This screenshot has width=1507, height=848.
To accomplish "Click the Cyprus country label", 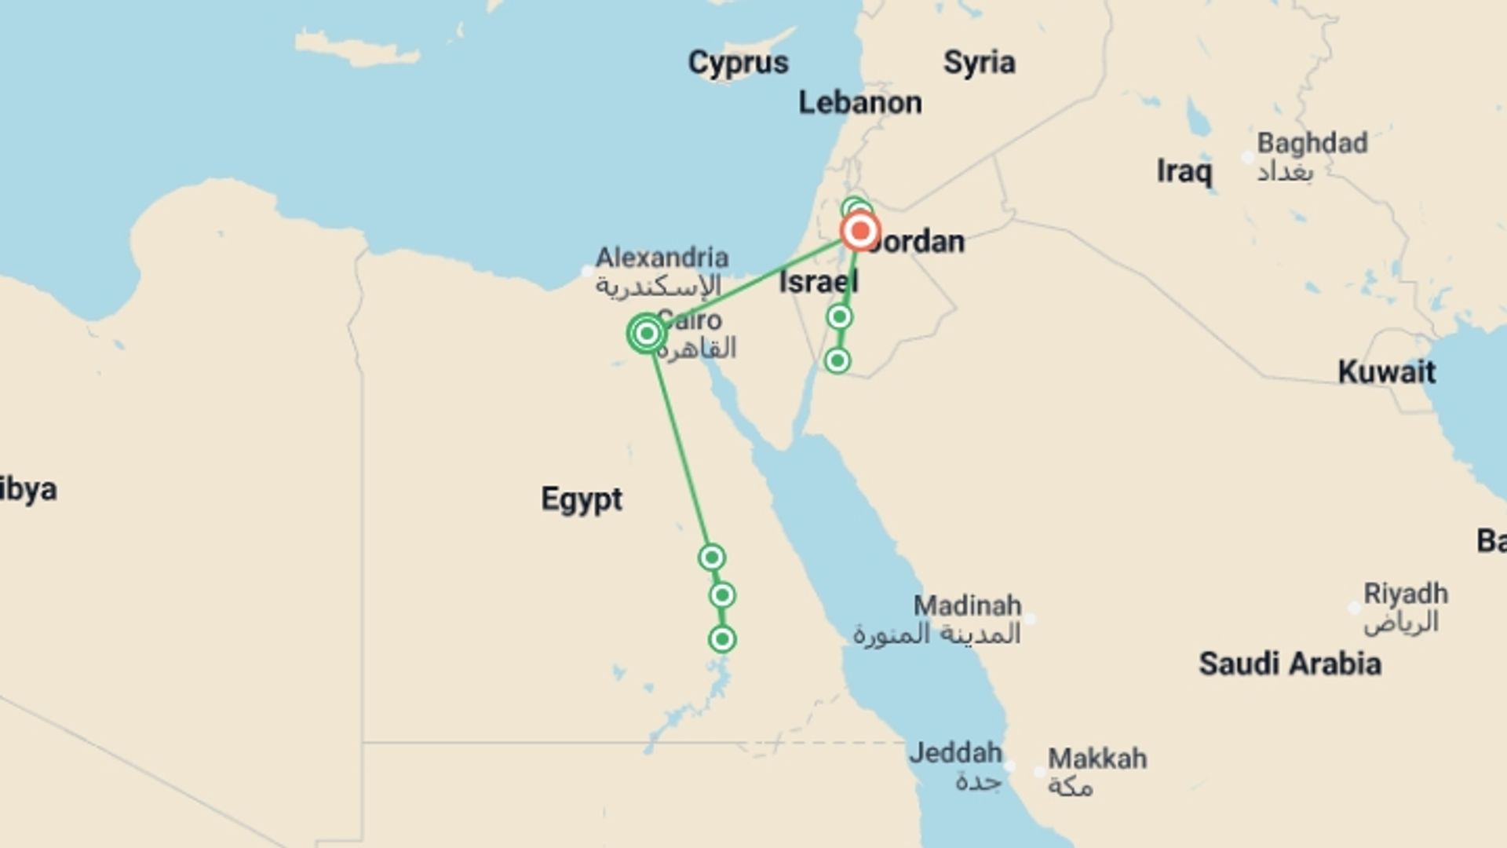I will tap(738, 63).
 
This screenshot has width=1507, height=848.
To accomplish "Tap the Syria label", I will tap(979, 62).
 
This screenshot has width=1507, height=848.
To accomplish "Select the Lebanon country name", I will tap(859, 103).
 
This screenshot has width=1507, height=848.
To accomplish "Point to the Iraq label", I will tap(1184, 171).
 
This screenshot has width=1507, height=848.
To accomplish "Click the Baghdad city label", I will tap(1312, 144).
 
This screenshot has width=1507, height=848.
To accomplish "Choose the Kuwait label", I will tap(1386, 371).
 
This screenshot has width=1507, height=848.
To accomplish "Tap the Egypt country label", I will tap(581, 499).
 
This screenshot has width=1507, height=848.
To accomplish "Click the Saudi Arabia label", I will tap(1289, 664).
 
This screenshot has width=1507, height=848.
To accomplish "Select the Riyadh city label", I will tap(1405, 594).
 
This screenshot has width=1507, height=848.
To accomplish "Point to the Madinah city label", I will tap(967, 606).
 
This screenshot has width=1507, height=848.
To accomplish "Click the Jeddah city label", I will tap(955, 753).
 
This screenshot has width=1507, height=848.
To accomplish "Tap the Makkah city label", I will tap(1096, 758).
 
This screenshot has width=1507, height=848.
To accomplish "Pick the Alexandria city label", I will tap(662, 258).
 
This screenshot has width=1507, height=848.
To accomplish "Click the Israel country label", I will tap(818, 282).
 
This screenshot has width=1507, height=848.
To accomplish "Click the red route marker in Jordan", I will tap(860, 232).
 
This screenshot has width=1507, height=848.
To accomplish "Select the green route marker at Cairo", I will tap(646, 334).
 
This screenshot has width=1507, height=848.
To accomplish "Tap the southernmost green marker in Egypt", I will tap(721, 639).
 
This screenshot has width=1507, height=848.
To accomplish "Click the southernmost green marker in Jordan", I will tap(837, 360).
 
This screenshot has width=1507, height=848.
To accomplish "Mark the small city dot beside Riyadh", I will tap(1354, 608).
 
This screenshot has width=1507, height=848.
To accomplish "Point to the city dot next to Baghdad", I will tap(1247, 158).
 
